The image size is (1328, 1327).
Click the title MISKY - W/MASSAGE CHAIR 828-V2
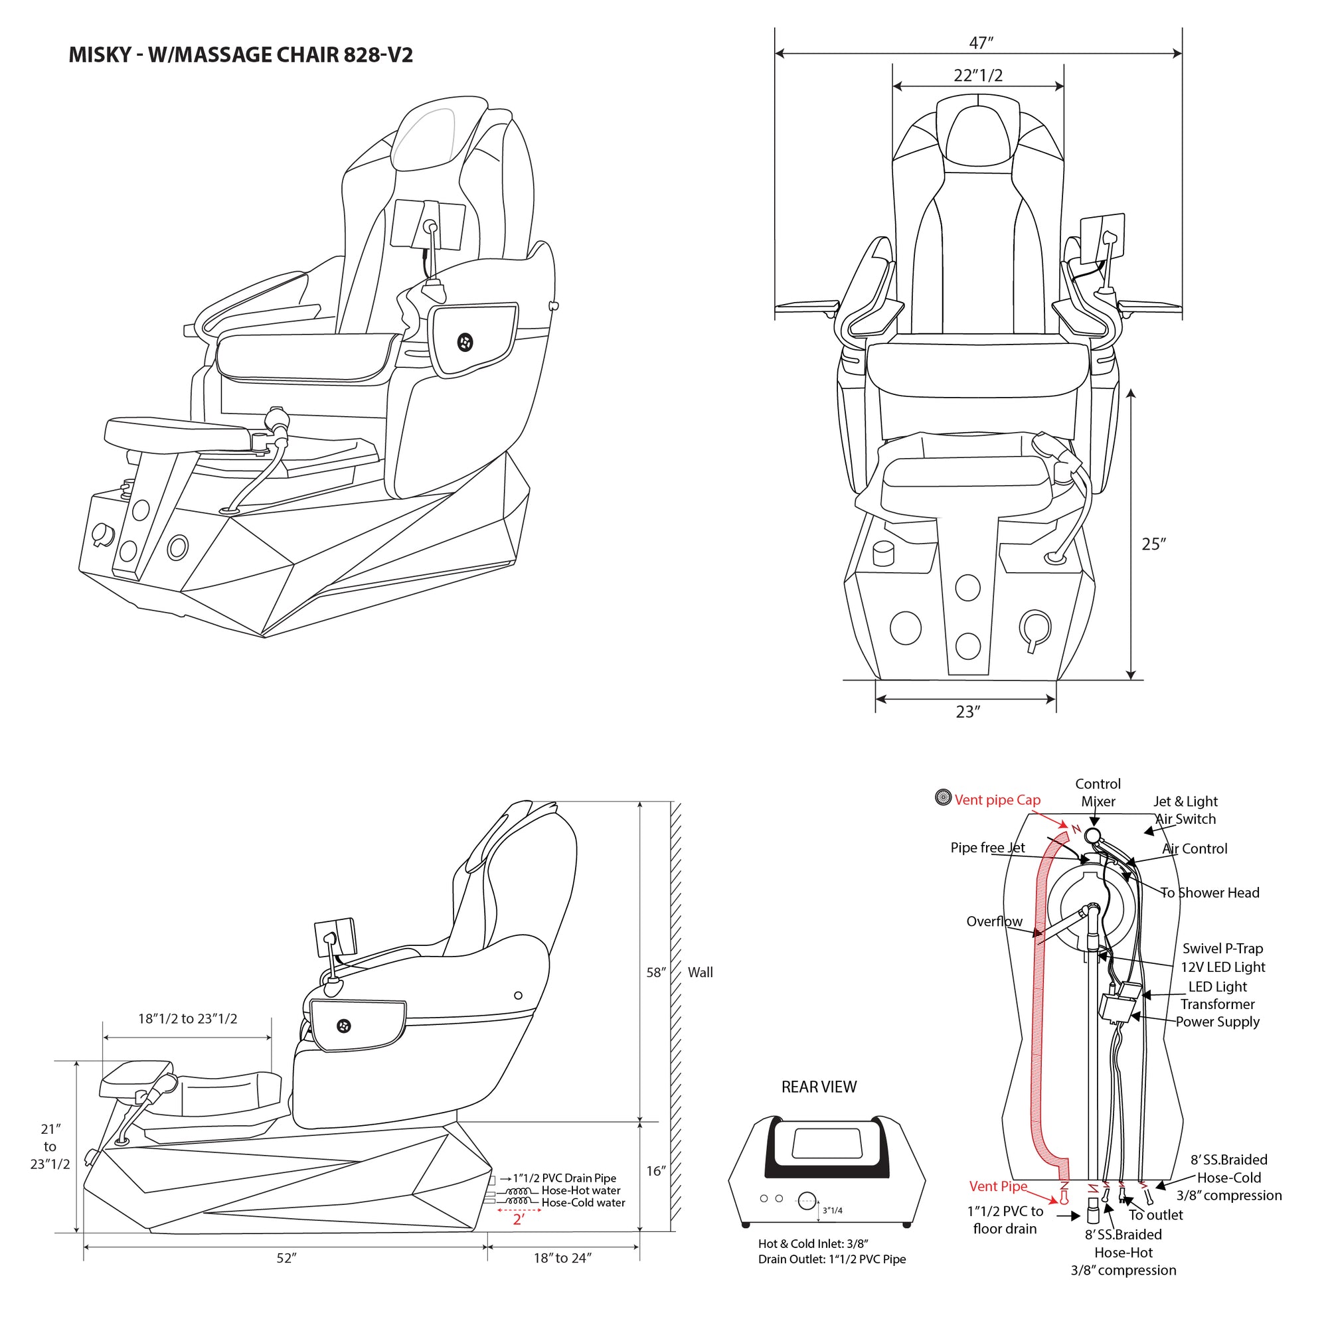[x=240, y=55]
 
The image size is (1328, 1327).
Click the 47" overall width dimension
[x=981, y=42]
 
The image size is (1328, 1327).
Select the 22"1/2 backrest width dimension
[x=977, y=75]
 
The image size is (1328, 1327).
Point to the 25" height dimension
[x=1153, y=544]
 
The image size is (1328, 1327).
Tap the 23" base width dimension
[x=967, y=711]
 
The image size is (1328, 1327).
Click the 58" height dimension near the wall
[x=656, y=972]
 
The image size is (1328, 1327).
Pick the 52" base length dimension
[x=286, y=1257]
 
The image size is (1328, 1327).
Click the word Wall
[x=700, y=972]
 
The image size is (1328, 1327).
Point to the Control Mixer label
[x=1098, y=793]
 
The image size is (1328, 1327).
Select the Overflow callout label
[x=994, y=921]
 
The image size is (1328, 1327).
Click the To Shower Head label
[x=1210, y=892]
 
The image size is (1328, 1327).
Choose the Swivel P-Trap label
[x=1222, y=948]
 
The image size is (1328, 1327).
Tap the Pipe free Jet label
[x=987, y=847]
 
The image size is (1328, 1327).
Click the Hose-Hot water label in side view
[x=581, y=1190]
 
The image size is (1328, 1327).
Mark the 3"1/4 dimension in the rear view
[x=832, y=1210]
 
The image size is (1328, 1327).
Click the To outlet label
[x=1155, y=1214]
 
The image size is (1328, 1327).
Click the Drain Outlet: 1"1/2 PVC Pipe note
[x=832, y=1259]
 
